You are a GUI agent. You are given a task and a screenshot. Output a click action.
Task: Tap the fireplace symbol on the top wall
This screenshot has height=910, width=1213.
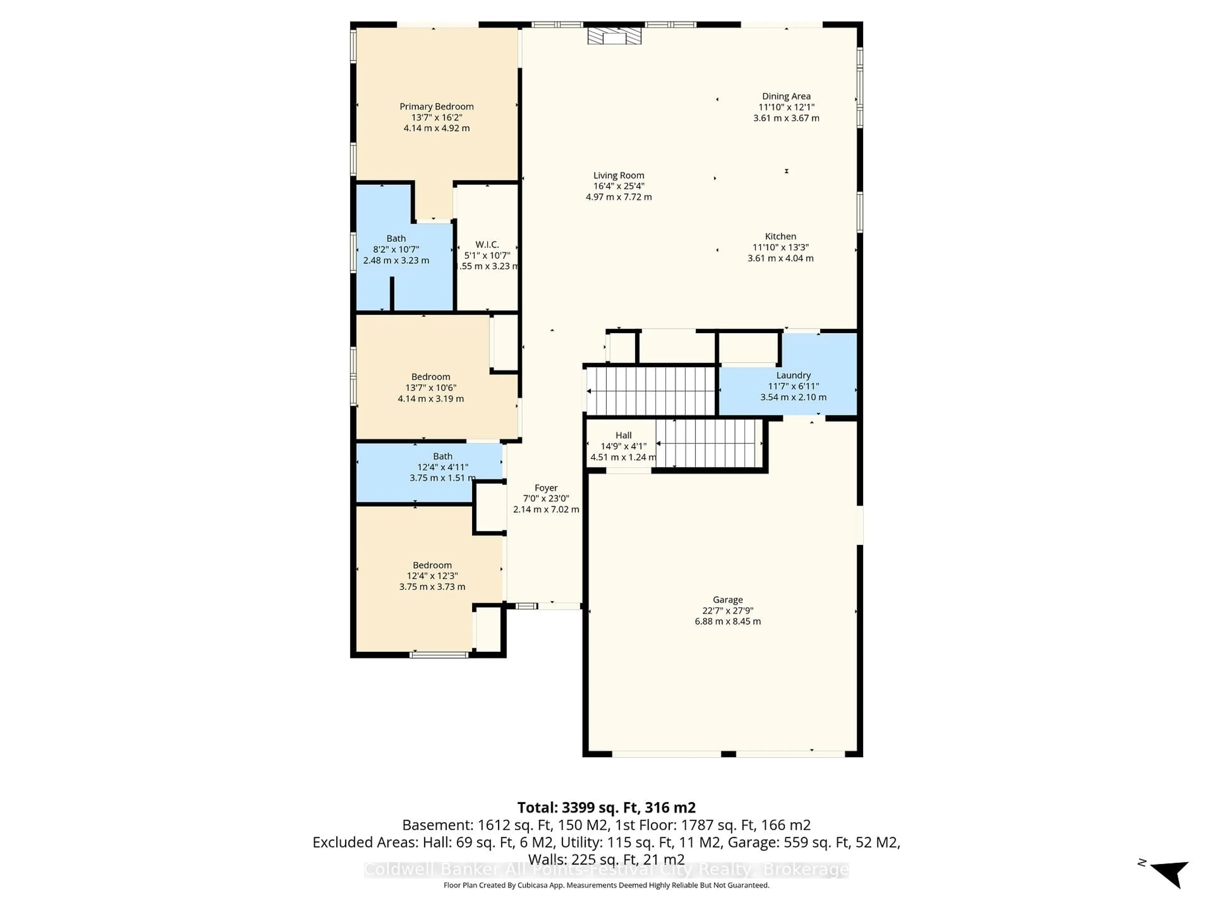[x=614, y=36]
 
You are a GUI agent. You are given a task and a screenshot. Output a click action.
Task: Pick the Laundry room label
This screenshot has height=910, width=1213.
[x=793, y=375]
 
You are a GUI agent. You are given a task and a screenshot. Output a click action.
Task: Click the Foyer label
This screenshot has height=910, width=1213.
[x=546, y=488]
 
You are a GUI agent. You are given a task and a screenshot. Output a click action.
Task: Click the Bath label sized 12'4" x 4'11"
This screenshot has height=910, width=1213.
[x=443, y=456]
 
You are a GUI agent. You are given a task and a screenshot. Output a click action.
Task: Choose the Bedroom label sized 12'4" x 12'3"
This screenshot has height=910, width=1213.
[x=432, y=565]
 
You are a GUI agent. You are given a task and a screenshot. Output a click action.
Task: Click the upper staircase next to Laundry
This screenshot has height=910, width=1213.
[x=651, y=391]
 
